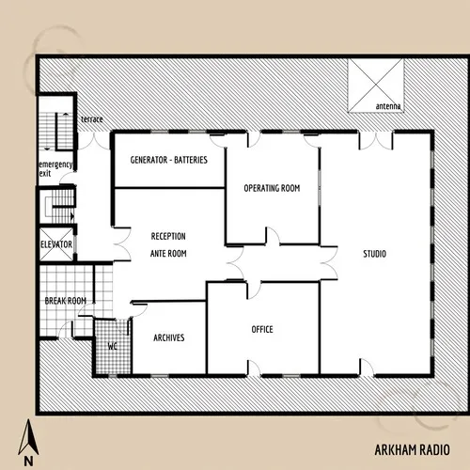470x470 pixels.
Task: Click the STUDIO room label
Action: point(375,255)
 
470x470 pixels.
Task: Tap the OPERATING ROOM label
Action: point(272,189)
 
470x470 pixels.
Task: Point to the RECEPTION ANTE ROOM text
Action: point(168,244)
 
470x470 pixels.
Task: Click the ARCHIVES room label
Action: point(168,337)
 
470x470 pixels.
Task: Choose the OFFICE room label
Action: point(262,330)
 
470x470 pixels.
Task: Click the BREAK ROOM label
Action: point(66,301)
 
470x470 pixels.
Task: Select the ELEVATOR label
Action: point(56,245)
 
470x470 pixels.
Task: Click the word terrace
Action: point(92,120)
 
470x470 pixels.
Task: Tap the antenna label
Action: point(387,107)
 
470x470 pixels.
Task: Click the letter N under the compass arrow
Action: point(29,461)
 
